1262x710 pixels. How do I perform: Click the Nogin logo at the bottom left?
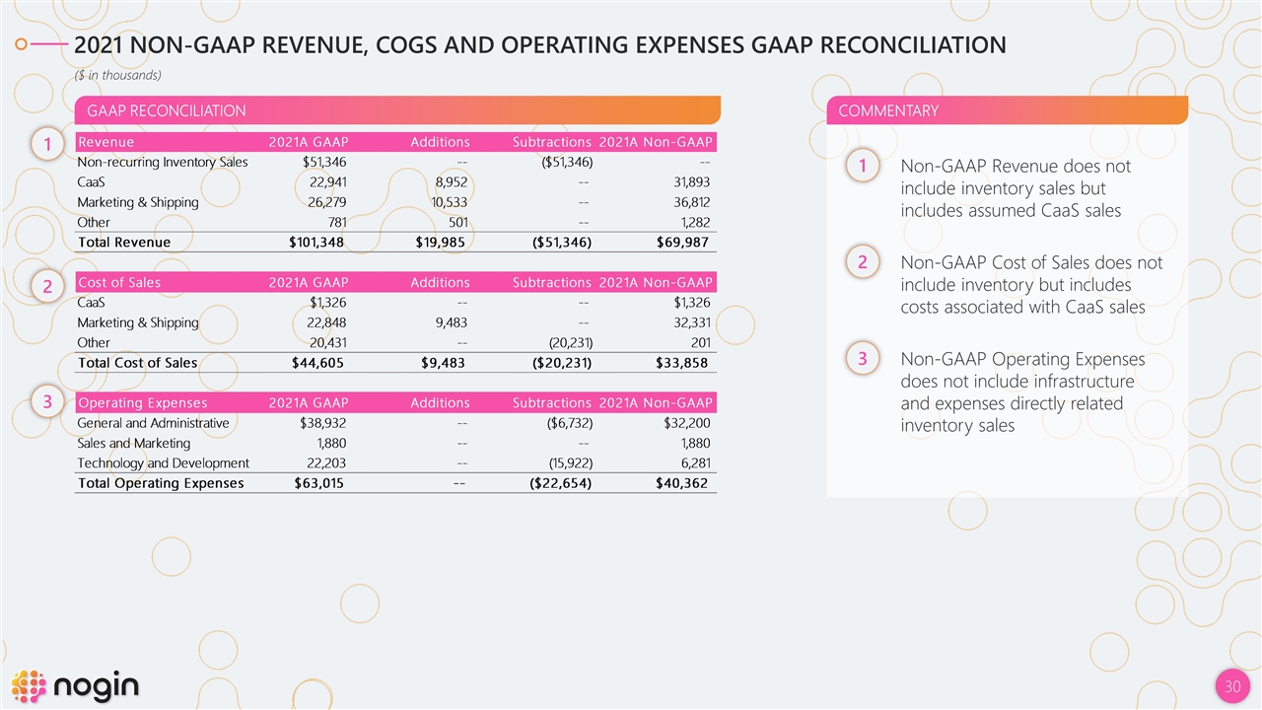point(75,685)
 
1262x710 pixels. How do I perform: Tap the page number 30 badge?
point(1230,686)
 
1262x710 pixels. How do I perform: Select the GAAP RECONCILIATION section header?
point(167,110)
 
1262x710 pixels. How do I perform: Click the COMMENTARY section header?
point(887,110)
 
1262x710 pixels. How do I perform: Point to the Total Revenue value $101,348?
point(318,242)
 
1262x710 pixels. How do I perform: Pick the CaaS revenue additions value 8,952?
point(450,181)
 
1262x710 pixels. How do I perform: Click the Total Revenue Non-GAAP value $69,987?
point(681,242)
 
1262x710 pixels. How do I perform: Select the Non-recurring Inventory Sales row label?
point(163,162)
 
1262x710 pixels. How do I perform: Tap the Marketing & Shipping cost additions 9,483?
point(450,322)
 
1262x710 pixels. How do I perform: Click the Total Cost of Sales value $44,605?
point(318,362)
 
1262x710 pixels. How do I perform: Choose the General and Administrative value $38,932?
point(323,423)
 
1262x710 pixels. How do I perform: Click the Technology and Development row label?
point(163,463)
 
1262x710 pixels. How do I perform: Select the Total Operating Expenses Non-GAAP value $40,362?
point(681,483)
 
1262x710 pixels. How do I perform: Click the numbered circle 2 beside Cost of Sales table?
point(47,287)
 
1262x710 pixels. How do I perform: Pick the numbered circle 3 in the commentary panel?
point(862,360)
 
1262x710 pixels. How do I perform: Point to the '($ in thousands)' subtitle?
point(118,75)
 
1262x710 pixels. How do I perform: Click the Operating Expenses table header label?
point(143,402)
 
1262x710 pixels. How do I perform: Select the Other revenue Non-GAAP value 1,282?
point(689,222)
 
